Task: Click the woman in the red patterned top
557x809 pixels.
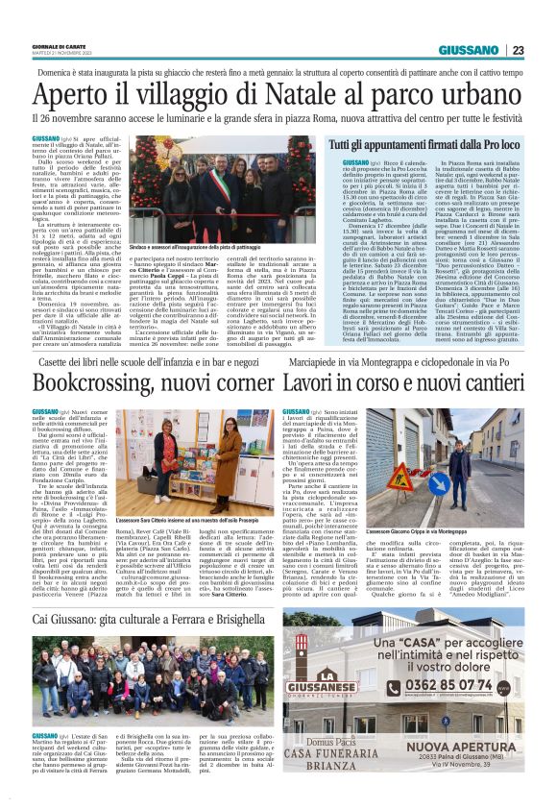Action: [187, 452]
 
